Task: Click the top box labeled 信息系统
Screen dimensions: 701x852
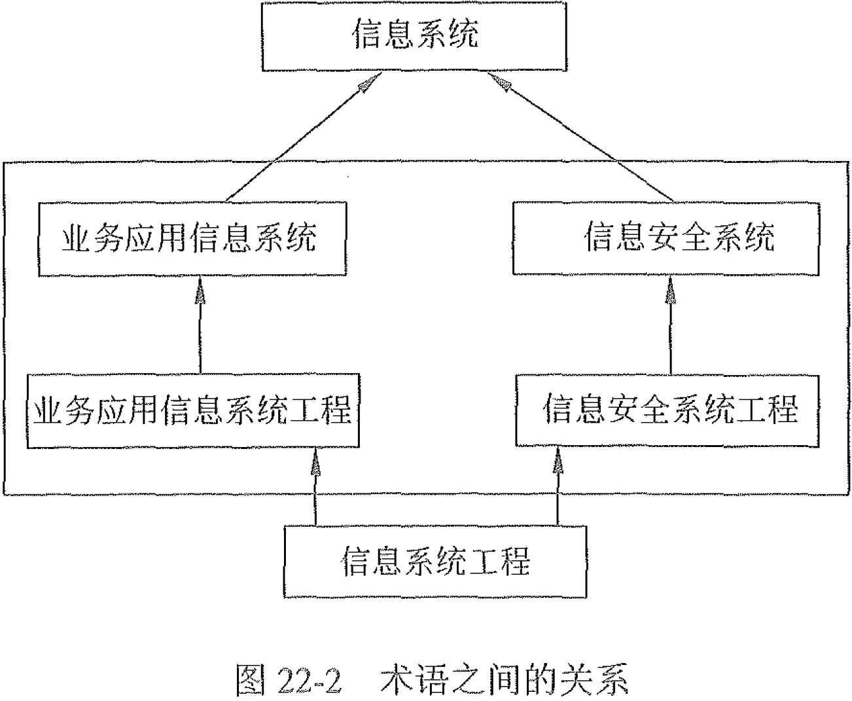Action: pos(414,36)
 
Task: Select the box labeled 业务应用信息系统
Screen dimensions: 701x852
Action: pos(192,238)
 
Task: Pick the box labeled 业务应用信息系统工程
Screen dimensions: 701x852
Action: pos(192,410)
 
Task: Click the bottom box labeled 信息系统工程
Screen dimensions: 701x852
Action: pos(435,562)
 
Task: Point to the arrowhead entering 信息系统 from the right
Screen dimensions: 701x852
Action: pos(499,82)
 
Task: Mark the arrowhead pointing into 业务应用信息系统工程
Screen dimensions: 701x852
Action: pos(315,461)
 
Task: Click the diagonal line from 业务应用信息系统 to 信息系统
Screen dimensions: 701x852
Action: pos(294,142)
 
